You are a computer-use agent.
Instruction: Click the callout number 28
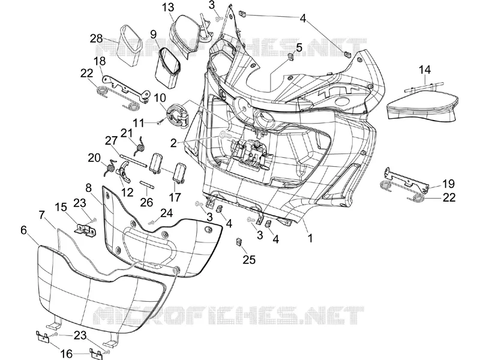(96, 39)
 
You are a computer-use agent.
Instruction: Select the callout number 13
(168, 7)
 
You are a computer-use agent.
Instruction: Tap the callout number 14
(425, 70)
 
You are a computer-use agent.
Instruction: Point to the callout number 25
(249, 260)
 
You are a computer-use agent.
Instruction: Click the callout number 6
(24, 230)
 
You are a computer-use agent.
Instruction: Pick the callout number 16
(67, 354)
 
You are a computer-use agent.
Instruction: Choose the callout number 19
(448, 184)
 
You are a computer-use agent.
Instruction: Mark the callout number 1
(310, 238)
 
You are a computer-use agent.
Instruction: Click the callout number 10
(160, 98)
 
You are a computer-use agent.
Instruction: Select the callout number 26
(146, 202)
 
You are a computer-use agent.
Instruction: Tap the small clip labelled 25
(239, 242)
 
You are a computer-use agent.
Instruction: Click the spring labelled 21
(140, 144)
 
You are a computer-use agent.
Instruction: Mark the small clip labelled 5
(290, 56)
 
